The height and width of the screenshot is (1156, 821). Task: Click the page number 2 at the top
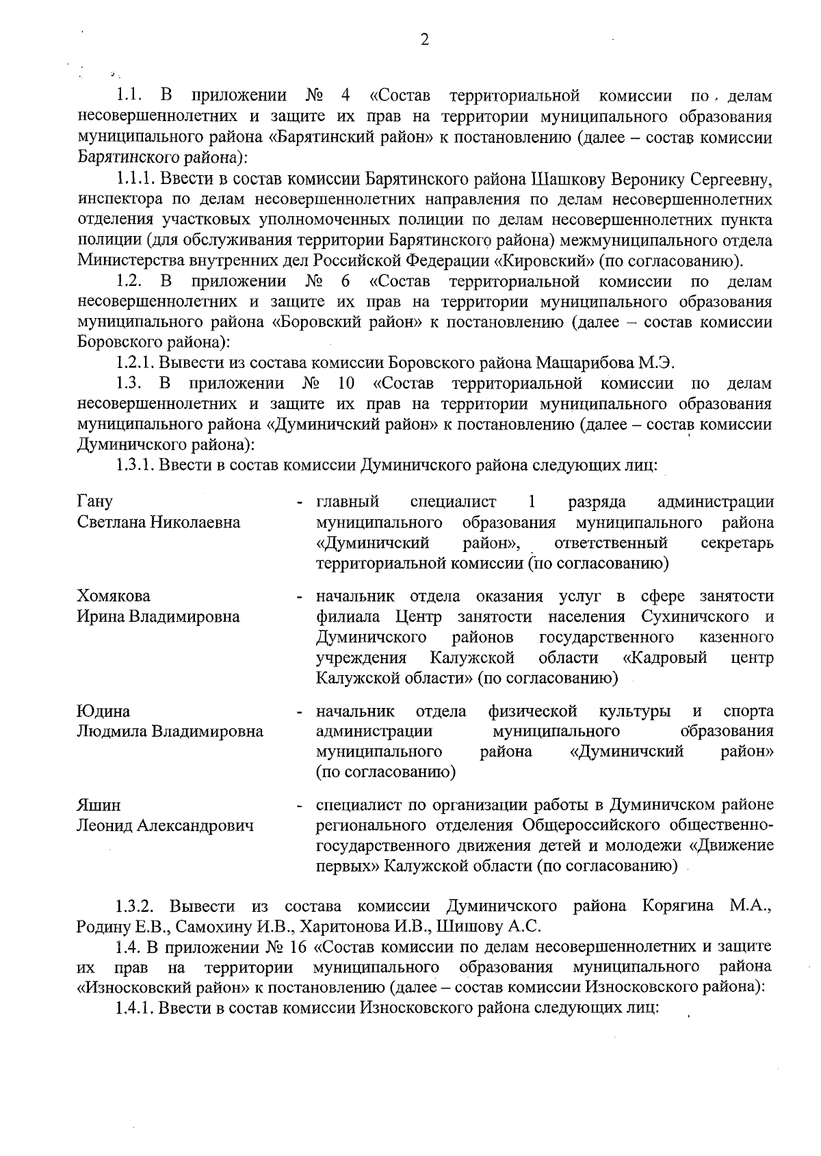(424, 40)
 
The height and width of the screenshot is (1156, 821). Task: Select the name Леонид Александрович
(165, 826)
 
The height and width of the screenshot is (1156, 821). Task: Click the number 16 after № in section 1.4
(299, 947)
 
